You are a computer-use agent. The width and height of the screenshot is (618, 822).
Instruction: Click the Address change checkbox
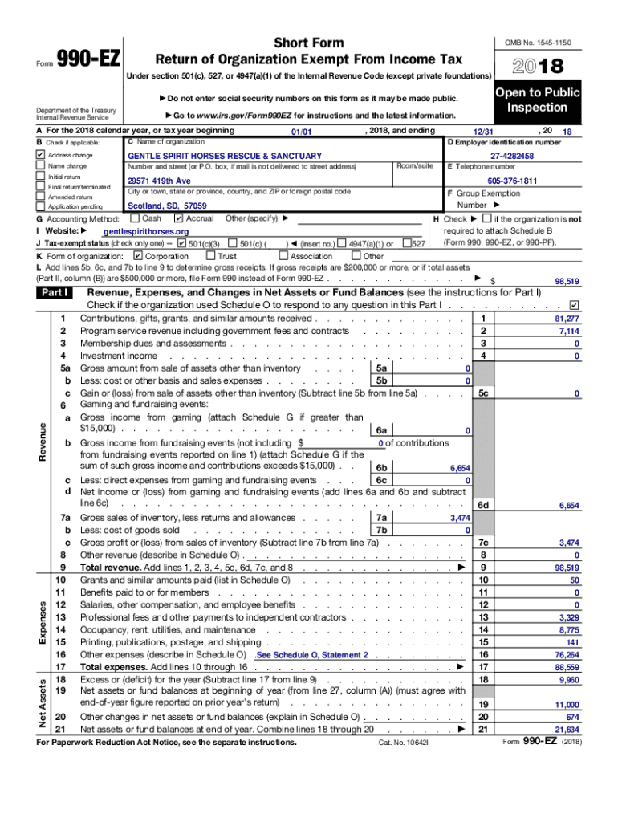40,155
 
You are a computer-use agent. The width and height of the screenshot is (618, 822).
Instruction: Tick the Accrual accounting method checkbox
178,218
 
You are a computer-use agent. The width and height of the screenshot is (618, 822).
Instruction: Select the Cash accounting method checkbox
134,218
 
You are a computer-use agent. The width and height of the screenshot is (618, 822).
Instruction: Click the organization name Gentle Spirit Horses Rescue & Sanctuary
225,156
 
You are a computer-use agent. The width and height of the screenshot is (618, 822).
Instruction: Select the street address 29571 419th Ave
161,181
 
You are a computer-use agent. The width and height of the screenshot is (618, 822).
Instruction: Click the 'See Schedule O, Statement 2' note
312,655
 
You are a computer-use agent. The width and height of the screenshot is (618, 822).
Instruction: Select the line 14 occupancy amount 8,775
567,630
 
